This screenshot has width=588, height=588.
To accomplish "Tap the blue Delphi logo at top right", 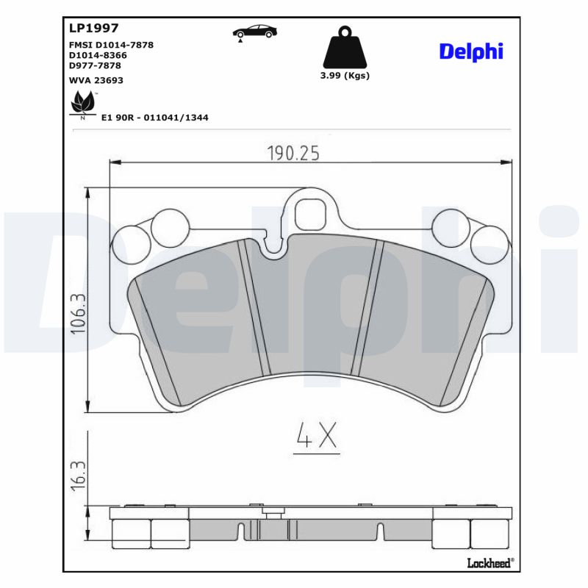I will coord(471,51).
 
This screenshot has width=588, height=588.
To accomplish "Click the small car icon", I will coord(255,32).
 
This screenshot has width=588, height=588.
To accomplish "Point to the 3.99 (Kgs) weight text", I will coord(345,75).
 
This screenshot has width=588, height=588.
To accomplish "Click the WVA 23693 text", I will coord(96,80).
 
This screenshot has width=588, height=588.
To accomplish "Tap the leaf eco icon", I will coord(82,104).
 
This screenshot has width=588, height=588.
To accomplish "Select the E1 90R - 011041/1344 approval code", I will coord(154,117).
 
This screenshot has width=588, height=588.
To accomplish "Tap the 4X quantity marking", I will coord(317,437).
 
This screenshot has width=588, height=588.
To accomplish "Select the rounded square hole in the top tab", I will coord(310,213).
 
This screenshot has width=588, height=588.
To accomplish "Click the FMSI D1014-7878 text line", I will coord(110,45).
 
